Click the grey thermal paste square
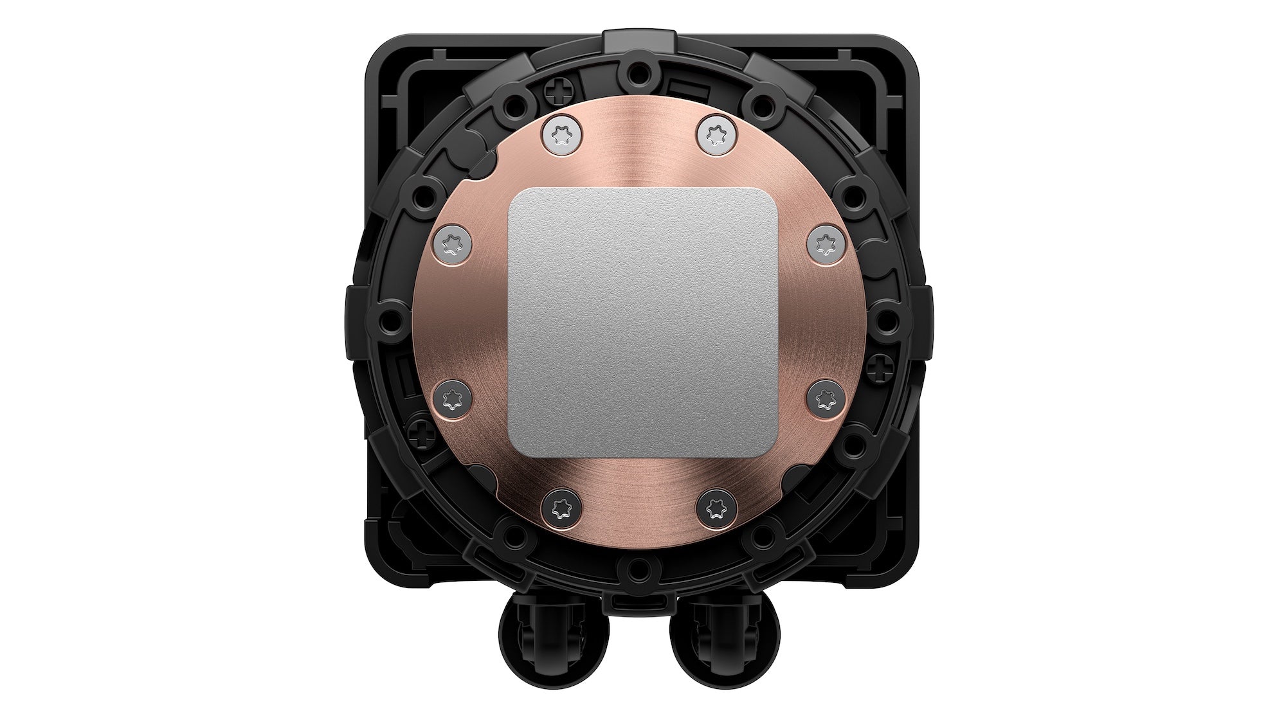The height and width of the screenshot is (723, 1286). pyautogui.click(x=643, y=323)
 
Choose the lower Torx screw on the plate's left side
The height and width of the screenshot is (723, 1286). pyautogui.click(x=453, y=399)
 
